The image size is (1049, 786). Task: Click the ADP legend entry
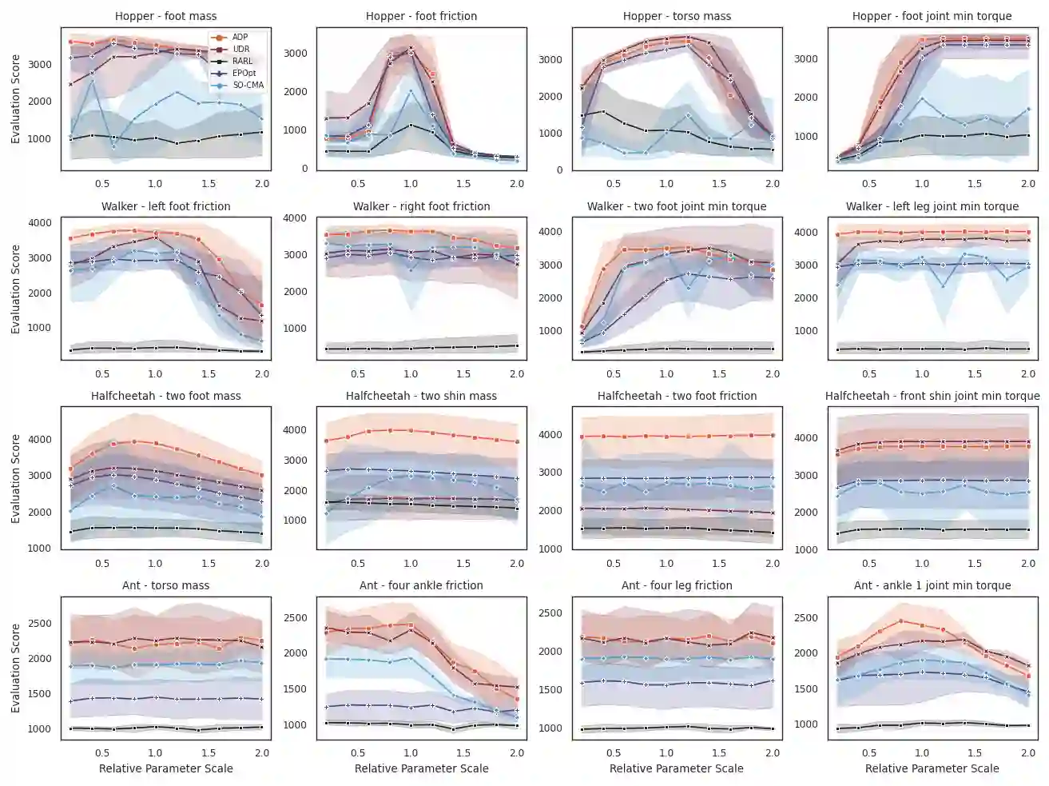pyautogui.click(x=240, y=38)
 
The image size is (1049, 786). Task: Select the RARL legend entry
pyautogui.click(x=242, y=61)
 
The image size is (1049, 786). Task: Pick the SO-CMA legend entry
pyautogui.click(x=248, y=85)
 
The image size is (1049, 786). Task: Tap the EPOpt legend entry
pyautogui.click(x=244, y=73)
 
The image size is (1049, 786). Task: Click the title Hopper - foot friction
pyautogui.click(x=421, y=16)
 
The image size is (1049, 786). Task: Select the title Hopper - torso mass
pyautogui.click(x=677, y=16)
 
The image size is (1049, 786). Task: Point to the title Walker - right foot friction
pyautogui.click(x=421, y=206)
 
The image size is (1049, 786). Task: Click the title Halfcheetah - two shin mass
pyautogui.click(x=421, y=396)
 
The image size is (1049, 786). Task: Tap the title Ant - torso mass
pyautogui.click(x=165, y=585)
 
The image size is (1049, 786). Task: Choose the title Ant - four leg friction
pyautogui.click(x=677, y=585)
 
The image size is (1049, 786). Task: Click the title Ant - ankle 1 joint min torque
pyautogui.click(x=932, y=585)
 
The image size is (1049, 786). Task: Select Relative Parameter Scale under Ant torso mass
pyautogui.click(x=165, y=768)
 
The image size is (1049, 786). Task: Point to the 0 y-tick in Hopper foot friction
pyautogui.click(x=304, y=169)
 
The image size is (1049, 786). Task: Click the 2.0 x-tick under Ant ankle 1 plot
pyautogui.click(x=1027, y=753)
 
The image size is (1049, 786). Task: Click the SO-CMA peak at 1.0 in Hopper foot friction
pyautogui.click(x=411, y=91)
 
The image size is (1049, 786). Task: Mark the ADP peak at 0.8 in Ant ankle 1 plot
pyautogui.click(x=900, y=620)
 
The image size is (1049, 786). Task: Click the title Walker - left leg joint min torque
pyautogui.click(x=932, y=206)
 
